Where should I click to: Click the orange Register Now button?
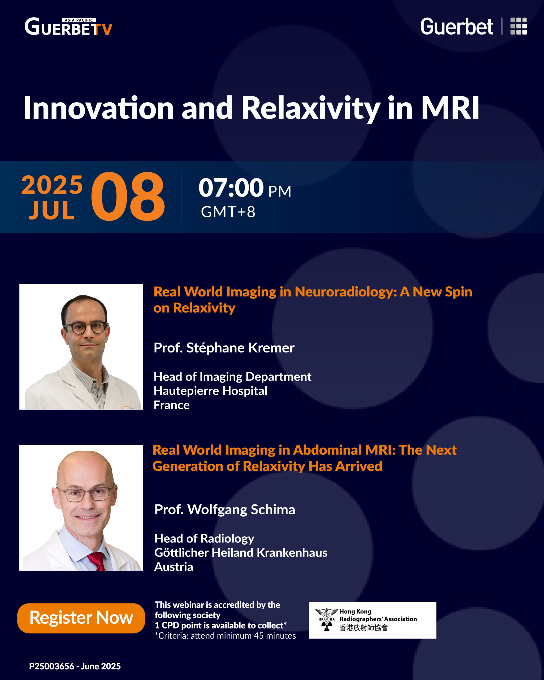click(81, 618)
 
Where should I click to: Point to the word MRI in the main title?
click(450, 108)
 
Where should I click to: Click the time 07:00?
click(231, 188)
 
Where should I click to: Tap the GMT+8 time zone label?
click(228, 212)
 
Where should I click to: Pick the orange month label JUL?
click(52, 210)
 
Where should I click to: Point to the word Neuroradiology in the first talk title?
click(346, 292)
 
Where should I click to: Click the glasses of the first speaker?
click(85, 328)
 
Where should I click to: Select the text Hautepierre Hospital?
click(210, 391)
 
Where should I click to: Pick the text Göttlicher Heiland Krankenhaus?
click(241, 552)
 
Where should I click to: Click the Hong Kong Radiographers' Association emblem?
click(326, 620)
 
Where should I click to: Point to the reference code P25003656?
click(52, 666)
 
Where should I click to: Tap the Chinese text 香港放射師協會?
click(363, 628)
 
